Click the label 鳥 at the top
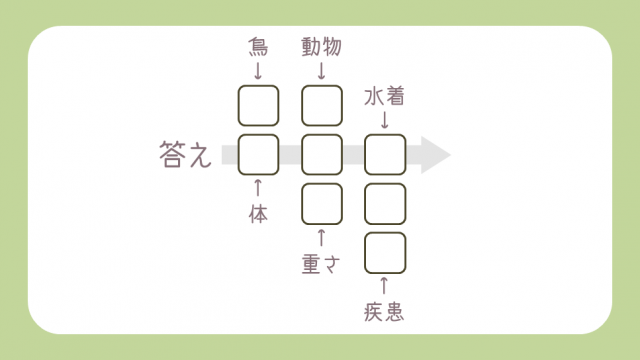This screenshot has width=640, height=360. point(258,46)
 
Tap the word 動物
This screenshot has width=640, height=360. point(321,46)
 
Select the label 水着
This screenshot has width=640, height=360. point(384,96)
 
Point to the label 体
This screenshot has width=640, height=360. point(258,214)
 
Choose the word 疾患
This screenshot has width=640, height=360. point(384,312)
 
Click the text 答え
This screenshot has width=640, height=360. point(185,155)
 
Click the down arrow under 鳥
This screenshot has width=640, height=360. point(258,70)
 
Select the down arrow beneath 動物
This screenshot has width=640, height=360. point(321,70)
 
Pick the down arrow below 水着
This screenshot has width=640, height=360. point(384,119)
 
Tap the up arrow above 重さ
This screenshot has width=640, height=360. point(321,238)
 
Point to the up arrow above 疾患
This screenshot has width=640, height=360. point(384,288)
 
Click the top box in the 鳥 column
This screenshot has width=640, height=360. point(258,105)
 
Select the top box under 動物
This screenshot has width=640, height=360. point(321,105)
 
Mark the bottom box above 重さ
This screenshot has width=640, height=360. point(321,203)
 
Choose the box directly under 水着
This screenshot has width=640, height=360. point(384,154)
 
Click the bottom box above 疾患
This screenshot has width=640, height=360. point(384,252)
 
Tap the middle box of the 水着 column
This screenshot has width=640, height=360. point(384,203)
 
